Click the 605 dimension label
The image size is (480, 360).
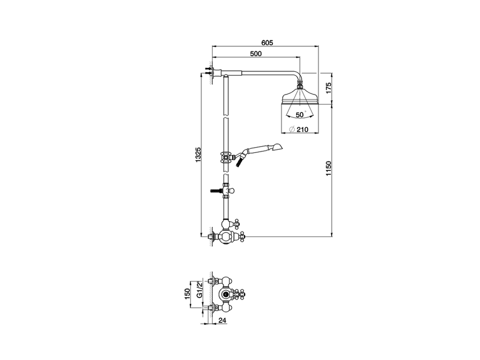coord(267,42)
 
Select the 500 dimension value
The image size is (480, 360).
coord(255,54)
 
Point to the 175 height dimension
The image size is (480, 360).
coord(329,88)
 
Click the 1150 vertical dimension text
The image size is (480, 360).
coord(329,169)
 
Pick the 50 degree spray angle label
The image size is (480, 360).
coord(300,114)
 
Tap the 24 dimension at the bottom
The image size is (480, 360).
coord(222,321)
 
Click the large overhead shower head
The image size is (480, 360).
coord(300,98)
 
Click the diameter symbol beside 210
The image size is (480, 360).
coord(292,130)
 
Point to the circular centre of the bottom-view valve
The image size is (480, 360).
coord(225,294)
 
